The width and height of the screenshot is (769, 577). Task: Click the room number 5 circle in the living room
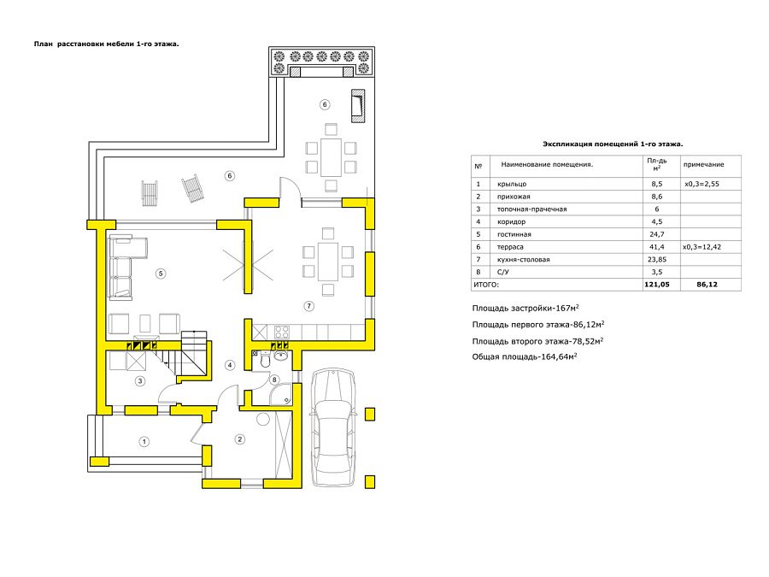point(161,274)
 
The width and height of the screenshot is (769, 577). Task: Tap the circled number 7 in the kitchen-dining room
point(308,306)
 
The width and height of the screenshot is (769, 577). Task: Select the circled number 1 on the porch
point(144,442)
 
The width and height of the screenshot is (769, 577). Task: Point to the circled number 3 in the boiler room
point(140,380)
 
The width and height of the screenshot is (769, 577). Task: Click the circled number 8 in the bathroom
point(274,380)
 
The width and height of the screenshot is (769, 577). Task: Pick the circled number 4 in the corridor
point(229,365)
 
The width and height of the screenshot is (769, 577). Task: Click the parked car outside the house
point(333,427)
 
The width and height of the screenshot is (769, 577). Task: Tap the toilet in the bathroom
point(265,360)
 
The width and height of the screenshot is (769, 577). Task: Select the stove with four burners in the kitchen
point(281,333)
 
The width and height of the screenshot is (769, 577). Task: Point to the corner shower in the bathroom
point(281,394)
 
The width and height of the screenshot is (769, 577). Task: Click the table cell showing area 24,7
point(657,234)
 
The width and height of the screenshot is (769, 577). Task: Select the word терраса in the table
point(510,247)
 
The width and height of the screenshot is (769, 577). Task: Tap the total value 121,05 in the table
point(657,285)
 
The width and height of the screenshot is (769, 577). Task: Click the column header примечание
point(703,165)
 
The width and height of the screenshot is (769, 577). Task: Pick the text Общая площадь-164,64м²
point(525,356)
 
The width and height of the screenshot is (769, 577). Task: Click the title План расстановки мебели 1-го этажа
point(107,44)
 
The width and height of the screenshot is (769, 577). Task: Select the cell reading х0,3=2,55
point(701,184)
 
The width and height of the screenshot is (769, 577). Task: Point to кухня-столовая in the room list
point(523,260)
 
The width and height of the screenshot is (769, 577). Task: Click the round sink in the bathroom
point(281,356)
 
